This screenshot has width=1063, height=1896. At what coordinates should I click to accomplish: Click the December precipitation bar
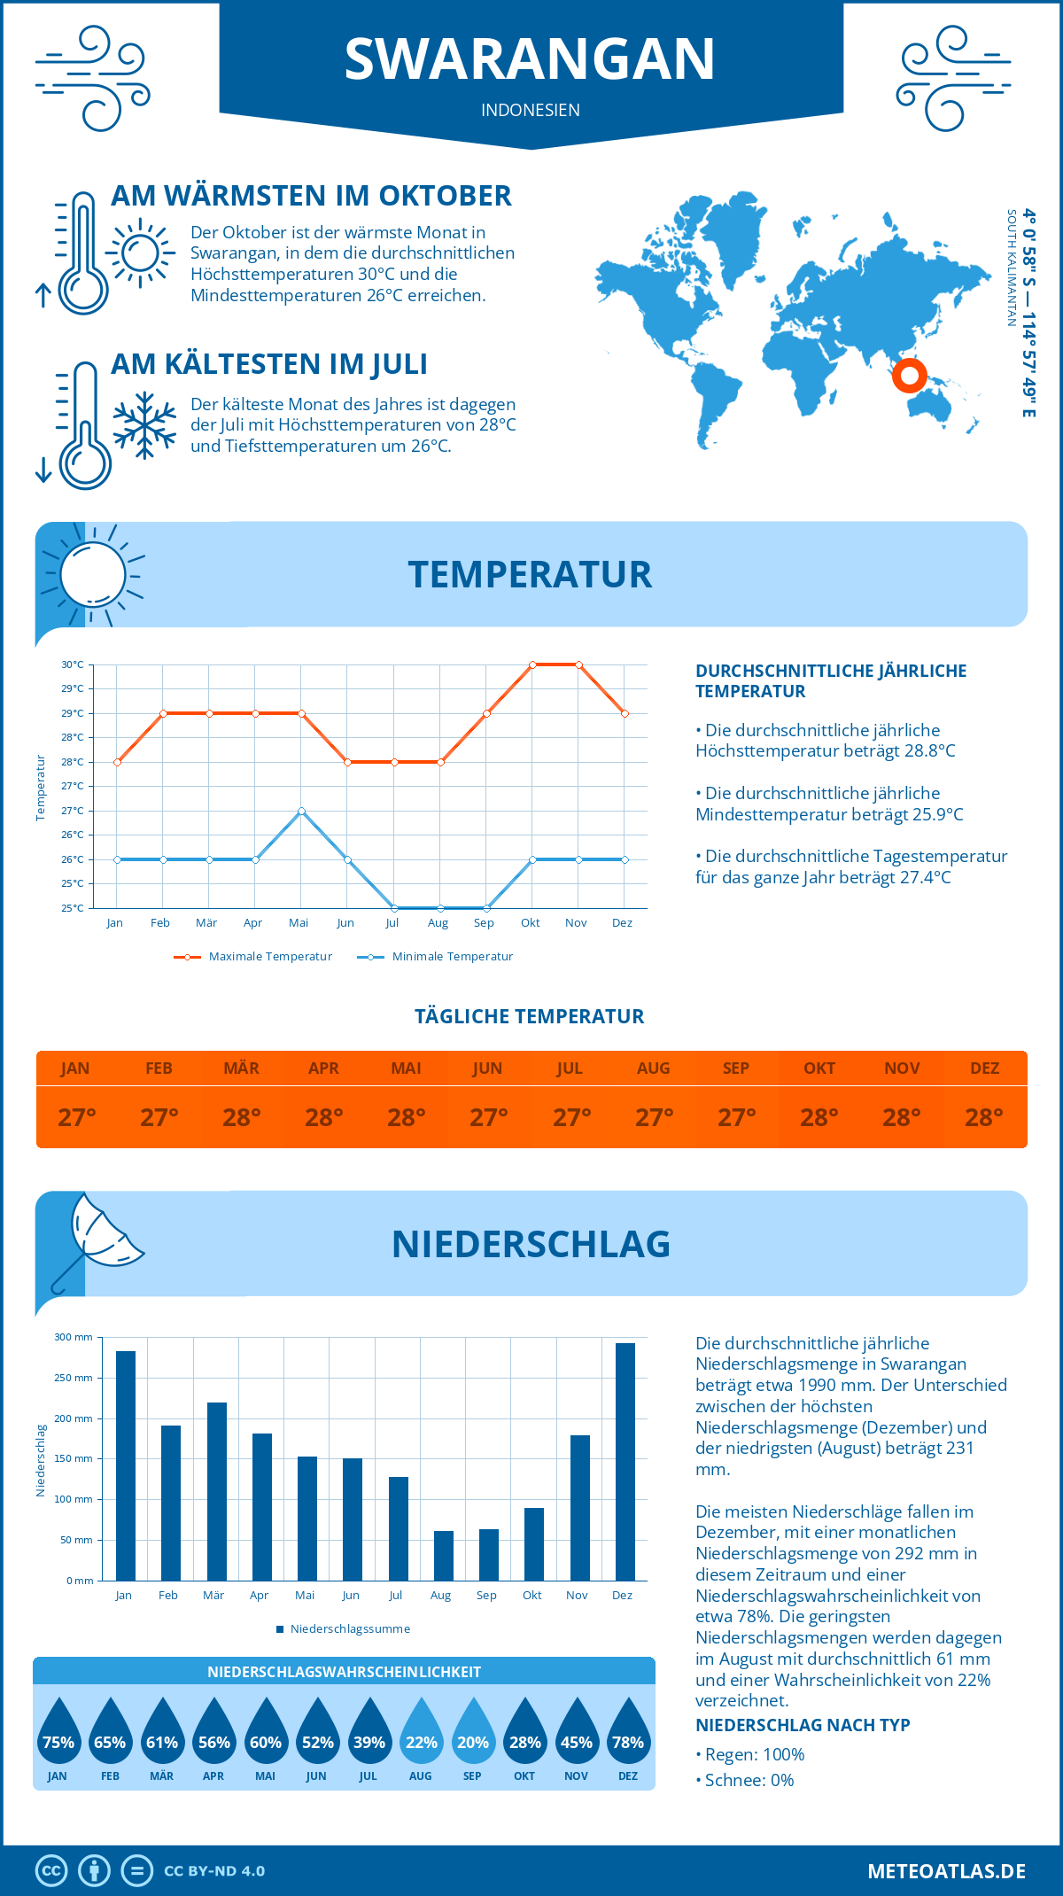[x=625, y=1462]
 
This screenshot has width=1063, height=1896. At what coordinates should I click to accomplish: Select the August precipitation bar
[x=444, y=1556]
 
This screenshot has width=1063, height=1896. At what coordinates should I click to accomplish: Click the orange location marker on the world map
[x=909, y=376]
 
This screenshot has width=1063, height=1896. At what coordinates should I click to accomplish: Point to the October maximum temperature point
[x=532, y=664]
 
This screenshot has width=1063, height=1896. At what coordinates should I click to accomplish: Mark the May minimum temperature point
[x=301, y=811]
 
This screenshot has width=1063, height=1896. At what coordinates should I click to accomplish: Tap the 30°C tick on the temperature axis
[x=73, y=664]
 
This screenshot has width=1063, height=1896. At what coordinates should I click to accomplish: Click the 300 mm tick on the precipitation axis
[x=74, y=1337]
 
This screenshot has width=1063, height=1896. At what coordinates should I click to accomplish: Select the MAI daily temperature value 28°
[x=406, y=1117]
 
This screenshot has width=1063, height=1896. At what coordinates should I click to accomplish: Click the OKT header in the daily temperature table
[x=819, y=1068]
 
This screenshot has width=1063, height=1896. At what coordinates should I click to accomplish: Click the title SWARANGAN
[x=530, y=59]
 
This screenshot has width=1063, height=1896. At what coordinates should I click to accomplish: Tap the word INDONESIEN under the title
[x=530, y=110]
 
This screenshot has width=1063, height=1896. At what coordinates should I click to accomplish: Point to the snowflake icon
[x=144, y=425]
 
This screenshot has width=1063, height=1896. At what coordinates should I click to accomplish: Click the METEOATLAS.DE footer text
[x=946, y=1871]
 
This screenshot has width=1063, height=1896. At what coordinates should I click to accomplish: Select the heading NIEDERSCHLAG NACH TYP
[x=803, y=1725]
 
